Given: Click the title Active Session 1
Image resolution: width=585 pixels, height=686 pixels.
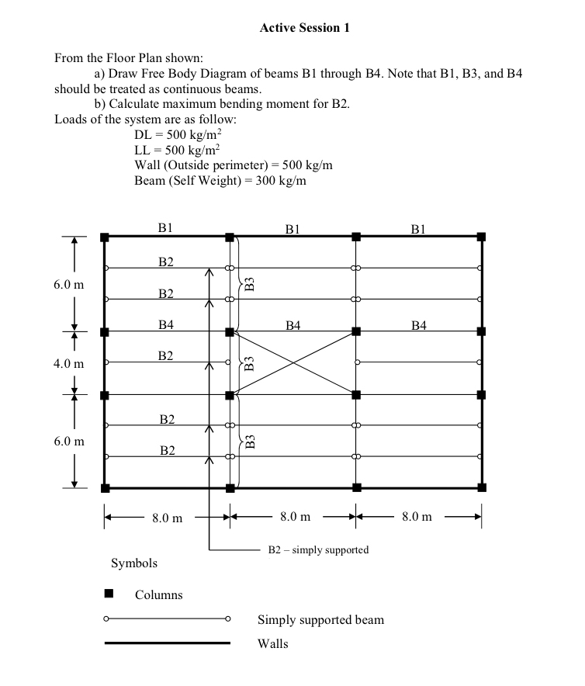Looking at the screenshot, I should coord(304,28).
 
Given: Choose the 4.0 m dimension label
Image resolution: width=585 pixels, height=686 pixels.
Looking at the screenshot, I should coord(68,363).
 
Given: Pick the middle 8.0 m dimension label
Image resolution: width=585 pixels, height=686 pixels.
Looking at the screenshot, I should coord(295,517).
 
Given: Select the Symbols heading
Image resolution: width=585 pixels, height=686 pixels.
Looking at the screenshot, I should coord(134,563).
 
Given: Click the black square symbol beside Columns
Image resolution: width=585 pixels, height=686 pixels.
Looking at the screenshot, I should coord(109,594).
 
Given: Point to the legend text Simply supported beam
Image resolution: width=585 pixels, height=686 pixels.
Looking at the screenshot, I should coord(320,619).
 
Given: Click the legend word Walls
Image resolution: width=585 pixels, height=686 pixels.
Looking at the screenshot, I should coord(272,643).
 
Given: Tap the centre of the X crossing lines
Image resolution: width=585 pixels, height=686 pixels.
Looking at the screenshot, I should coord(292,363).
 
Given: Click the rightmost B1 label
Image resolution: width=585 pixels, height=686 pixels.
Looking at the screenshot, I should coord(419,229).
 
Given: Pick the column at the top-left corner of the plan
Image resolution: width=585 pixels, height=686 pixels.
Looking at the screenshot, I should coord(104,236).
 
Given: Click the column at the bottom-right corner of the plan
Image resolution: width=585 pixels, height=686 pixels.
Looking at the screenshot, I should coord(481,488).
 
